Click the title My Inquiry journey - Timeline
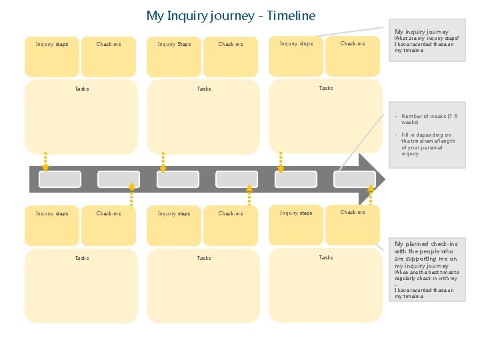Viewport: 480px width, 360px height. [231, 15]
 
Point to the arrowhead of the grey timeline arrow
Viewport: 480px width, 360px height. [367, 179]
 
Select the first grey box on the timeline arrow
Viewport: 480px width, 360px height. [60, 179]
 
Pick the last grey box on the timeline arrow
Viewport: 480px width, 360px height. [354, 179]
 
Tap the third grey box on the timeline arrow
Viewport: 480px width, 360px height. [177, 179]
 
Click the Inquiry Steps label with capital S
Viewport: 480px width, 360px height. [174, 45]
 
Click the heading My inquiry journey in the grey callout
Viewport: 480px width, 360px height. [421, 31]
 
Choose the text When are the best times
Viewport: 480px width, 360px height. [426, 275]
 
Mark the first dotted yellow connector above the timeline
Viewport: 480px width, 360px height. [45, 161]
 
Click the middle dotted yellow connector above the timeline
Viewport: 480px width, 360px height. [163, 161]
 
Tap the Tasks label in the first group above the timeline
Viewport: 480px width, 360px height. [81, 89]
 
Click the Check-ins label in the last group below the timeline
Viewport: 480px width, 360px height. [353, 213]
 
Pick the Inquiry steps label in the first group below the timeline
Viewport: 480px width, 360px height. [52, 214]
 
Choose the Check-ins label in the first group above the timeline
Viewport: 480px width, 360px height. [109, 45]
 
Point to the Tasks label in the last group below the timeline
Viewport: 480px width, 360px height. [326, 257]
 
